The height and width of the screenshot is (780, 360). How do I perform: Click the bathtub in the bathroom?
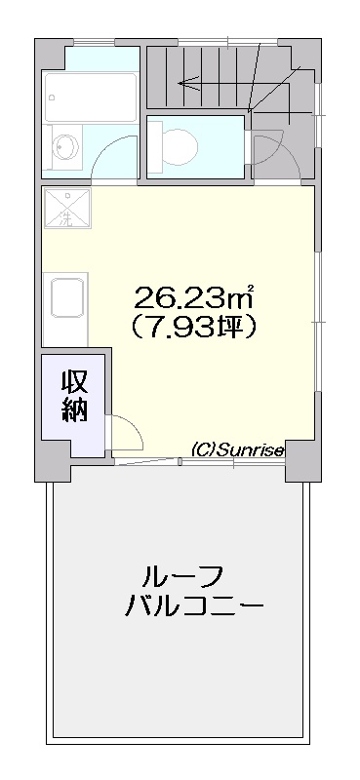(x=90, y=97)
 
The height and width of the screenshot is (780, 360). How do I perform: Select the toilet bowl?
(x=180, y=146)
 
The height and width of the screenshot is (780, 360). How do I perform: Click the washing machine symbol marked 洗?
(x=67, y=208)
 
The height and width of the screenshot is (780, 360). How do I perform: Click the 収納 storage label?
(x=75, y=396)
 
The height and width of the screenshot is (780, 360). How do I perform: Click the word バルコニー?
(x=194, y=605)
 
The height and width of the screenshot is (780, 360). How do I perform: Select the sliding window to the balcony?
(x=199, y=462)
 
